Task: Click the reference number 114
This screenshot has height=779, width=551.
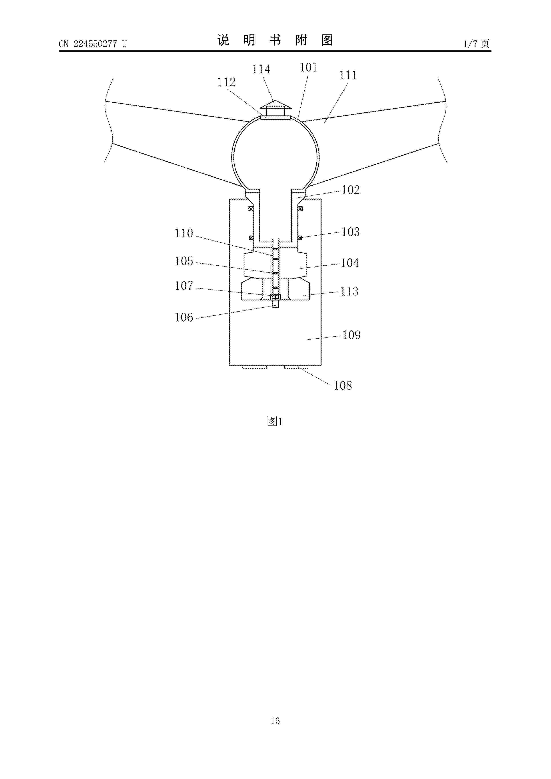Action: (261, 69)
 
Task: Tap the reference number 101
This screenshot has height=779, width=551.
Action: (308, 68)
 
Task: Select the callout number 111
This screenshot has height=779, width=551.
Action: (348, 75)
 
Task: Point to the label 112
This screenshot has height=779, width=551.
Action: (226, 82)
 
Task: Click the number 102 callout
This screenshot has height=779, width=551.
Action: (350, 190)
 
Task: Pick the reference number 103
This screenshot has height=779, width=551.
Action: (350, 232)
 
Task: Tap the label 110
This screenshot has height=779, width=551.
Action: (184, 233)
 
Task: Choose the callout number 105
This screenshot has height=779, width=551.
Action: (184, 261)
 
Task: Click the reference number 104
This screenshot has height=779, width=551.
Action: (350, 263)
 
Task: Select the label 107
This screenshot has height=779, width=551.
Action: (184, 286)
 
